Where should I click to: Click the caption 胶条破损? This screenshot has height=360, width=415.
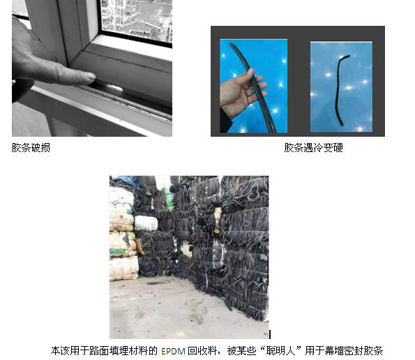31,148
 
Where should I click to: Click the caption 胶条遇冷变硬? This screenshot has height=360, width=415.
314,148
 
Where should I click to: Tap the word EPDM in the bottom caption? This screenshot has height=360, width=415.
173,351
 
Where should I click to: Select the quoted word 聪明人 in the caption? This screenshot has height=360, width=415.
281,351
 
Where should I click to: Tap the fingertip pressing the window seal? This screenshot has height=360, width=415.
89,78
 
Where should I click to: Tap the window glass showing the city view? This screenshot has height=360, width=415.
137,20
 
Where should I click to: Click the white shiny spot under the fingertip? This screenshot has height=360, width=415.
115,88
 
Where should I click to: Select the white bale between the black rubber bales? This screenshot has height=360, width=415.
146,223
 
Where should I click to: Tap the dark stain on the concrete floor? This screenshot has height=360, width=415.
158,283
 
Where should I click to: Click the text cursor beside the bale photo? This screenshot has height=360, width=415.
270,334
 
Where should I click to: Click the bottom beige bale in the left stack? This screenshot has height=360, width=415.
124,269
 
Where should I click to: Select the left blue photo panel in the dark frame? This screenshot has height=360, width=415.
254,86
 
